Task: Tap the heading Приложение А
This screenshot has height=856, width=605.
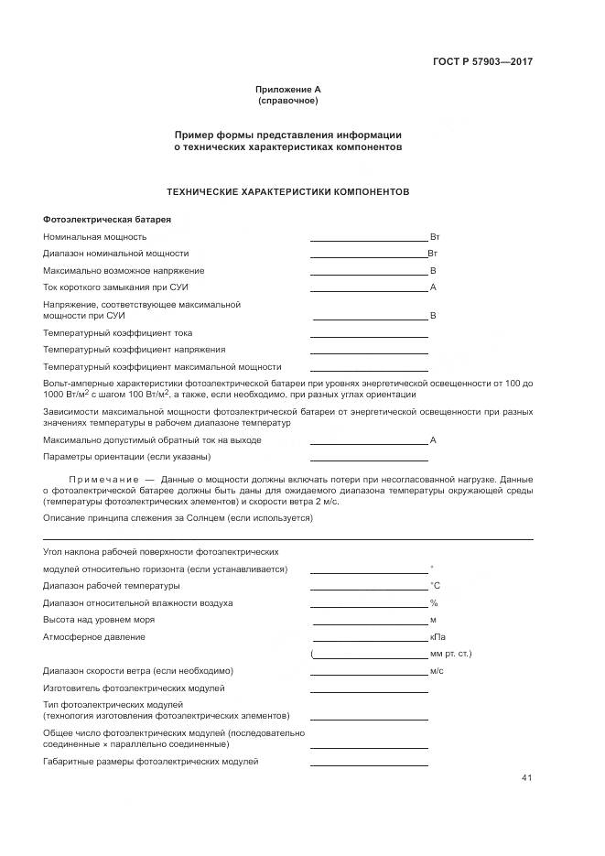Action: pos(288,90)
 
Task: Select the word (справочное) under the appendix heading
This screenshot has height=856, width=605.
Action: pos(288,100)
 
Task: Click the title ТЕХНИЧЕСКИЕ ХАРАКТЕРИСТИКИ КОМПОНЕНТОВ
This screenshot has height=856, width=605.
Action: pos(287,192)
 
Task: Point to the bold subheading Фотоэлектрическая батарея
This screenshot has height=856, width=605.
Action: pos(107,220)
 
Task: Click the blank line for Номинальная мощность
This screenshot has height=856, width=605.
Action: pos(369,239)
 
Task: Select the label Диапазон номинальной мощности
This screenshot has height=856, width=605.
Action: pos(116,254)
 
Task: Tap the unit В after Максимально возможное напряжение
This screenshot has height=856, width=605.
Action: pos(433,271)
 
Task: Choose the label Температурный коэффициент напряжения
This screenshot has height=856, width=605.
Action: pos(135,350)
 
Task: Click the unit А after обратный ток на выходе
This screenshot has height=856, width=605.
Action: pos(433,440)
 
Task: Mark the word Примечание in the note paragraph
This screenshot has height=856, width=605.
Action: pos(102,480)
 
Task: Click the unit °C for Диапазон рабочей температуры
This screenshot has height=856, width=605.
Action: pos(435,586)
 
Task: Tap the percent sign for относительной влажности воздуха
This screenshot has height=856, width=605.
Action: pos(434,603)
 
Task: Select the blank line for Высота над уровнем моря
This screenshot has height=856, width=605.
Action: pos(369,623)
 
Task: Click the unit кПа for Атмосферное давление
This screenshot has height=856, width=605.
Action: pos(438,637)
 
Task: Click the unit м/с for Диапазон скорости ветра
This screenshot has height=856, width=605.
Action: pos(437,671)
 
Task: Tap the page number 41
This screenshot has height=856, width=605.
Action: pos(526,779)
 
